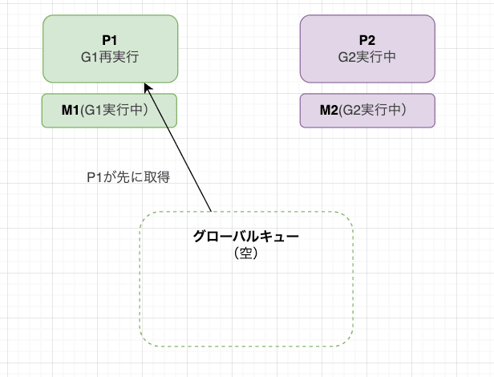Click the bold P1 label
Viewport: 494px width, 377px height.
pyautogui.click(x=110, y=41)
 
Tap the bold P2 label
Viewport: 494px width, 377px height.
pyautogui.click(x=368, y=41)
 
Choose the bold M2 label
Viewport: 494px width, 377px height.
pyautogui.click(x=330, y=111)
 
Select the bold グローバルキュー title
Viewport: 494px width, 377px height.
pyautogui.click(x=246, y=237)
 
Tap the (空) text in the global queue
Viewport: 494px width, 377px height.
pyautogui.click(x=246, y=252)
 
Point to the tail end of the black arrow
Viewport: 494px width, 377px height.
pyautogui.click(x=211, y=212)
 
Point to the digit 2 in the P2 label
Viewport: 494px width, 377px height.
pyautogui.click(x=372, y=41)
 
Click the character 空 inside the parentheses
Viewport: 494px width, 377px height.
pyautogui.click(x=246, y=252)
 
